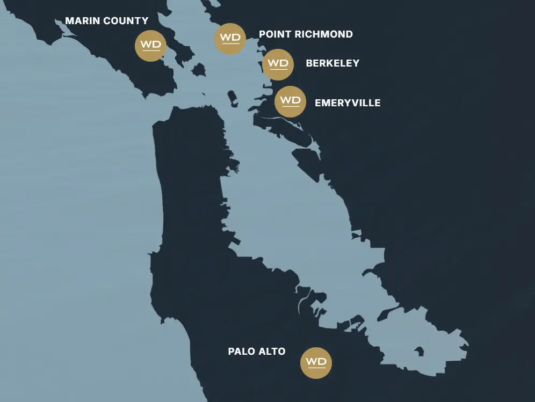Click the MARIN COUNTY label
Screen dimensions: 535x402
click(x=106, y=21)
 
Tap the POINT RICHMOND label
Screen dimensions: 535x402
click(x=306, y=34)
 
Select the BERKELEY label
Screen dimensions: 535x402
click(x=332, y=63)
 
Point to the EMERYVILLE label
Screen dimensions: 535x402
click(x=348, y=103)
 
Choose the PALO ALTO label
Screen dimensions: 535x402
click(x=257, y=352)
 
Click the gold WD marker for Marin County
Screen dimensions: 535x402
click(x=150, y=45)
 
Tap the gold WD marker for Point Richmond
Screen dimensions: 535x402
click(x=230, y=38)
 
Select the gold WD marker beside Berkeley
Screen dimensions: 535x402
click(x=278, y=64)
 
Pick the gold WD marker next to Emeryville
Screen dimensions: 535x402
click(x=290, y=101)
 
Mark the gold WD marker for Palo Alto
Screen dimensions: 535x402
click(x=316, y=363)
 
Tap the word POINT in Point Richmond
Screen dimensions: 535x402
click(x=273, y=34)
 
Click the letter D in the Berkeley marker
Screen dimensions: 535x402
click(x=284, y=63)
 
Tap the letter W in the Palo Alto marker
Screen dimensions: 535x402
click(x=310, y=361)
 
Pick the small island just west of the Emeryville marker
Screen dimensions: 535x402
click(x=233, y=99)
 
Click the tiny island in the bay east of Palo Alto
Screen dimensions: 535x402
click(x=419, y=352)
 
